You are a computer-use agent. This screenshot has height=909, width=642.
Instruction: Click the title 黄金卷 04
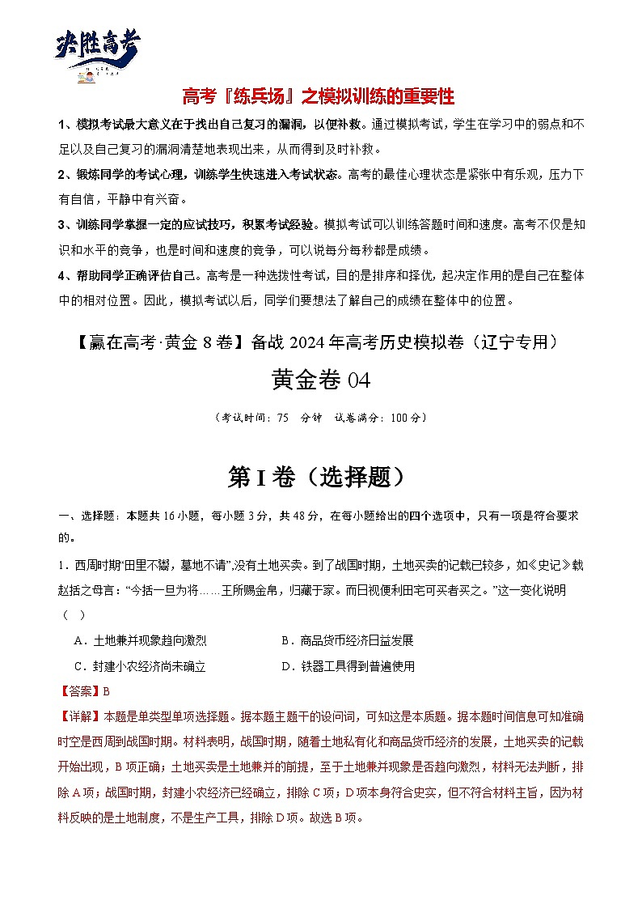click(320, 379)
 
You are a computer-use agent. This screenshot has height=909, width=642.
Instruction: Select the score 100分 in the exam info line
click(404, 418)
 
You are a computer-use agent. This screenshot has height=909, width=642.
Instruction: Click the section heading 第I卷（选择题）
click(315, 478)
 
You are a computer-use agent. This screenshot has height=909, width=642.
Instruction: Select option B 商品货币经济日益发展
click(348, 640)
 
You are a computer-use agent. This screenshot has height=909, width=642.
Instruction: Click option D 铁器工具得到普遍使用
click(348, 666)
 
